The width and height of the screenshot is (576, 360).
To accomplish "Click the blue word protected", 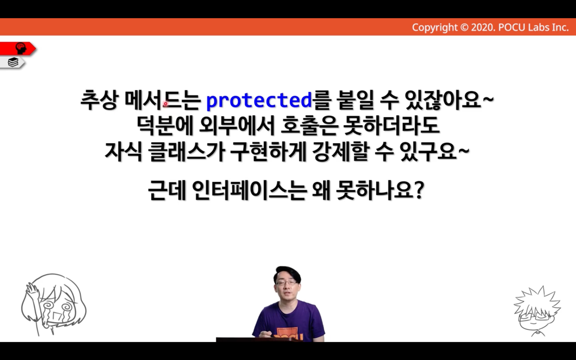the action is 259,100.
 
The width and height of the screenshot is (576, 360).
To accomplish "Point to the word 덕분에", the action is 165,126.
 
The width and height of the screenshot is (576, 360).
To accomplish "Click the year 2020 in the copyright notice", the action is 483,27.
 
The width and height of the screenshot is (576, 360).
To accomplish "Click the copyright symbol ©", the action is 464,27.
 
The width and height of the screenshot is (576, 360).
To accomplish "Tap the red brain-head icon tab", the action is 18,49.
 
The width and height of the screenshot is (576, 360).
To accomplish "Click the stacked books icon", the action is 13,62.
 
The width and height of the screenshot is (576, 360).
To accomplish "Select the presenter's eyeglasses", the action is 286,283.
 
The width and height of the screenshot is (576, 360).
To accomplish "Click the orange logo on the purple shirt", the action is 288,334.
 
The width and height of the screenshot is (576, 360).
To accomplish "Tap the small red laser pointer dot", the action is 166,104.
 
